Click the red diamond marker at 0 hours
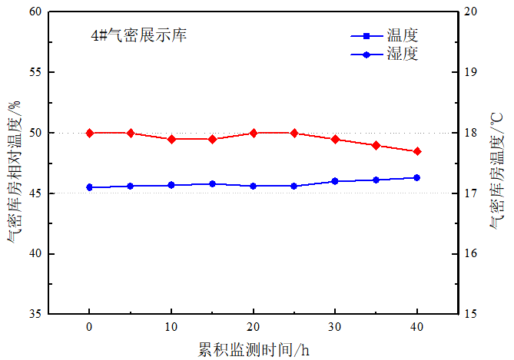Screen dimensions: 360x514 (90, 133)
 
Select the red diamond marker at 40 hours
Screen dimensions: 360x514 (417, 151)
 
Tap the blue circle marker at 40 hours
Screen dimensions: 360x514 (417, 177)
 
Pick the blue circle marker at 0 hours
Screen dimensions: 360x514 (90, 187)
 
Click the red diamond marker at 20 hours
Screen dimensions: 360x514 (254, 133)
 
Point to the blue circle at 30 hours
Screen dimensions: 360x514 (335, 181)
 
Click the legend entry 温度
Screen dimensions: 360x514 (402, 35)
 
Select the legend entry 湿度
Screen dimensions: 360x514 (402, 54)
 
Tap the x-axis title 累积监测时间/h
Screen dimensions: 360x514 (254, 349)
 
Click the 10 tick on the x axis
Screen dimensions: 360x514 (171, 326)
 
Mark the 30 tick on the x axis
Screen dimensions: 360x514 (335, 326)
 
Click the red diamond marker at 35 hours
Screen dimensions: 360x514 (376, 145)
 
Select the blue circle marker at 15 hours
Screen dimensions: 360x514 (212, 184)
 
